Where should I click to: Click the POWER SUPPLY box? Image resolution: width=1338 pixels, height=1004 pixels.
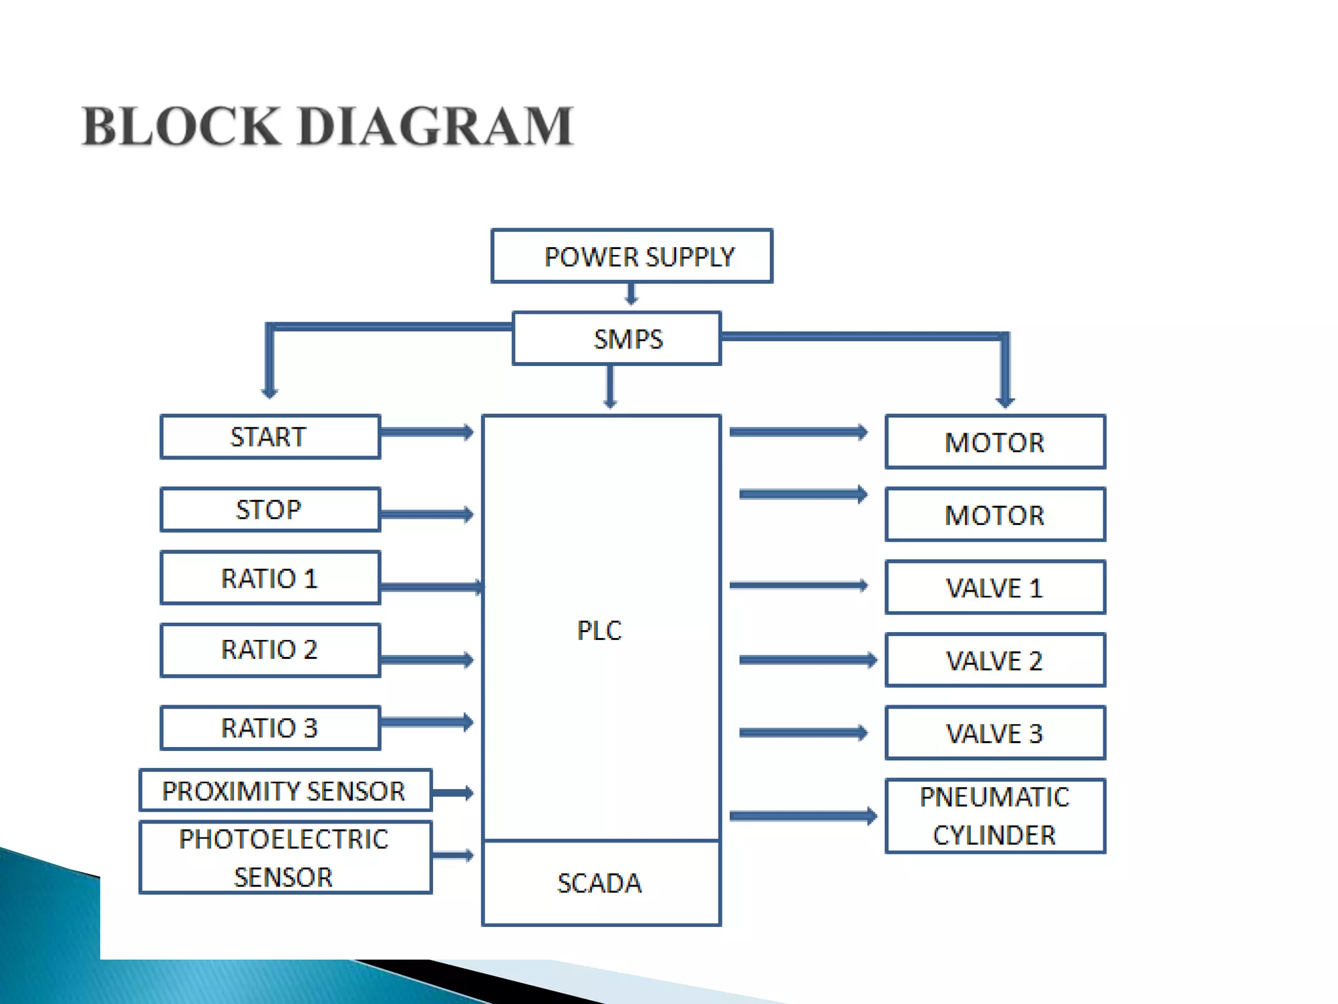[x=632, y=256]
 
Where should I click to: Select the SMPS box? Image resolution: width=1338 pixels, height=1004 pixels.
[x=617, y=339]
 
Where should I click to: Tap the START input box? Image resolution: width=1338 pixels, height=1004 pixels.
[x=270, y=437]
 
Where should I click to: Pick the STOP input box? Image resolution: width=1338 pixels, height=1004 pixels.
[x=270, y=509]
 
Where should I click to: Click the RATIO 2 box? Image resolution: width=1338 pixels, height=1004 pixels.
[x=270, y=650]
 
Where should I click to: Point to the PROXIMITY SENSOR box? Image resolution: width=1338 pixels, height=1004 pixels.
[x=286, y=791]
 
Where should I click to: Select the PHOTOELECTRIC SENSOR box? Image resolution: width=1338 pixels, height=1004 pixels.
[x=286, y=858]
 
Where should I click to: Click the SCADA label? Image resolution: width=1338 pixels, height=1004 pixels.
[x=600, y=883]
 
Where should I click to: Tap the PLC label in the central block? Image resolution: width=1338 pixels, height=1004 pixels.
[x=600, y=631]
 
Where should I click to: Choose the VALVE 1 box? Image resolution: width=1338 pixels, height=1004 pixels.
[x=995, y=588]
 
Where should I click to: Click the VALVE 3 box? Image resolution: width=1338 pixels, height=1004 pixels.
[x=995, y=733]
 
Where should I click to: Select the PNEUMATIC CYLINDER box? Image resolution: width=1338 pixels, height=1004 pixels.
[x=995, y=816]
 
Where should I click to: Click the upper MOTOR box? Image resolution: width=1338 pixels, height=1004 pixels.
[x=995, y=443]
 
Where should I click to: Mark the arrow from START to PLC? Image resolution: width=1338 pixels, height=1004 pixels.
[x=426, y=432]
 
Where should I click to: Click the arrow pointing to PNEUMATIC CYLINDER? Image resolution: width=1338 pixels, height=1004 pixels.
[x=802, y=816]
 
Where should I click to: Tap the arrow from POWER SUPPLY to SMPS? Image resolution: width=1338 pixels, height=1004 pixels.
[x=631, y=294]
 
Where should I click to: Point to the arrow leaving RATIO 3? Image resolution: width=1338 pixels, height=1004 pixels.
[x=426, y=722]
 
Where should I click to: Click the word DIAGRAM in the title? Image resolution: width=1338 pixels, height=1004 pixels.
[x=436, y=126]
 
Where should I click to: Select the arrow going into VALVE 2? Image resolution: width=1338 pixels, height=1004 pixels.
[x=808, y=660]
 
